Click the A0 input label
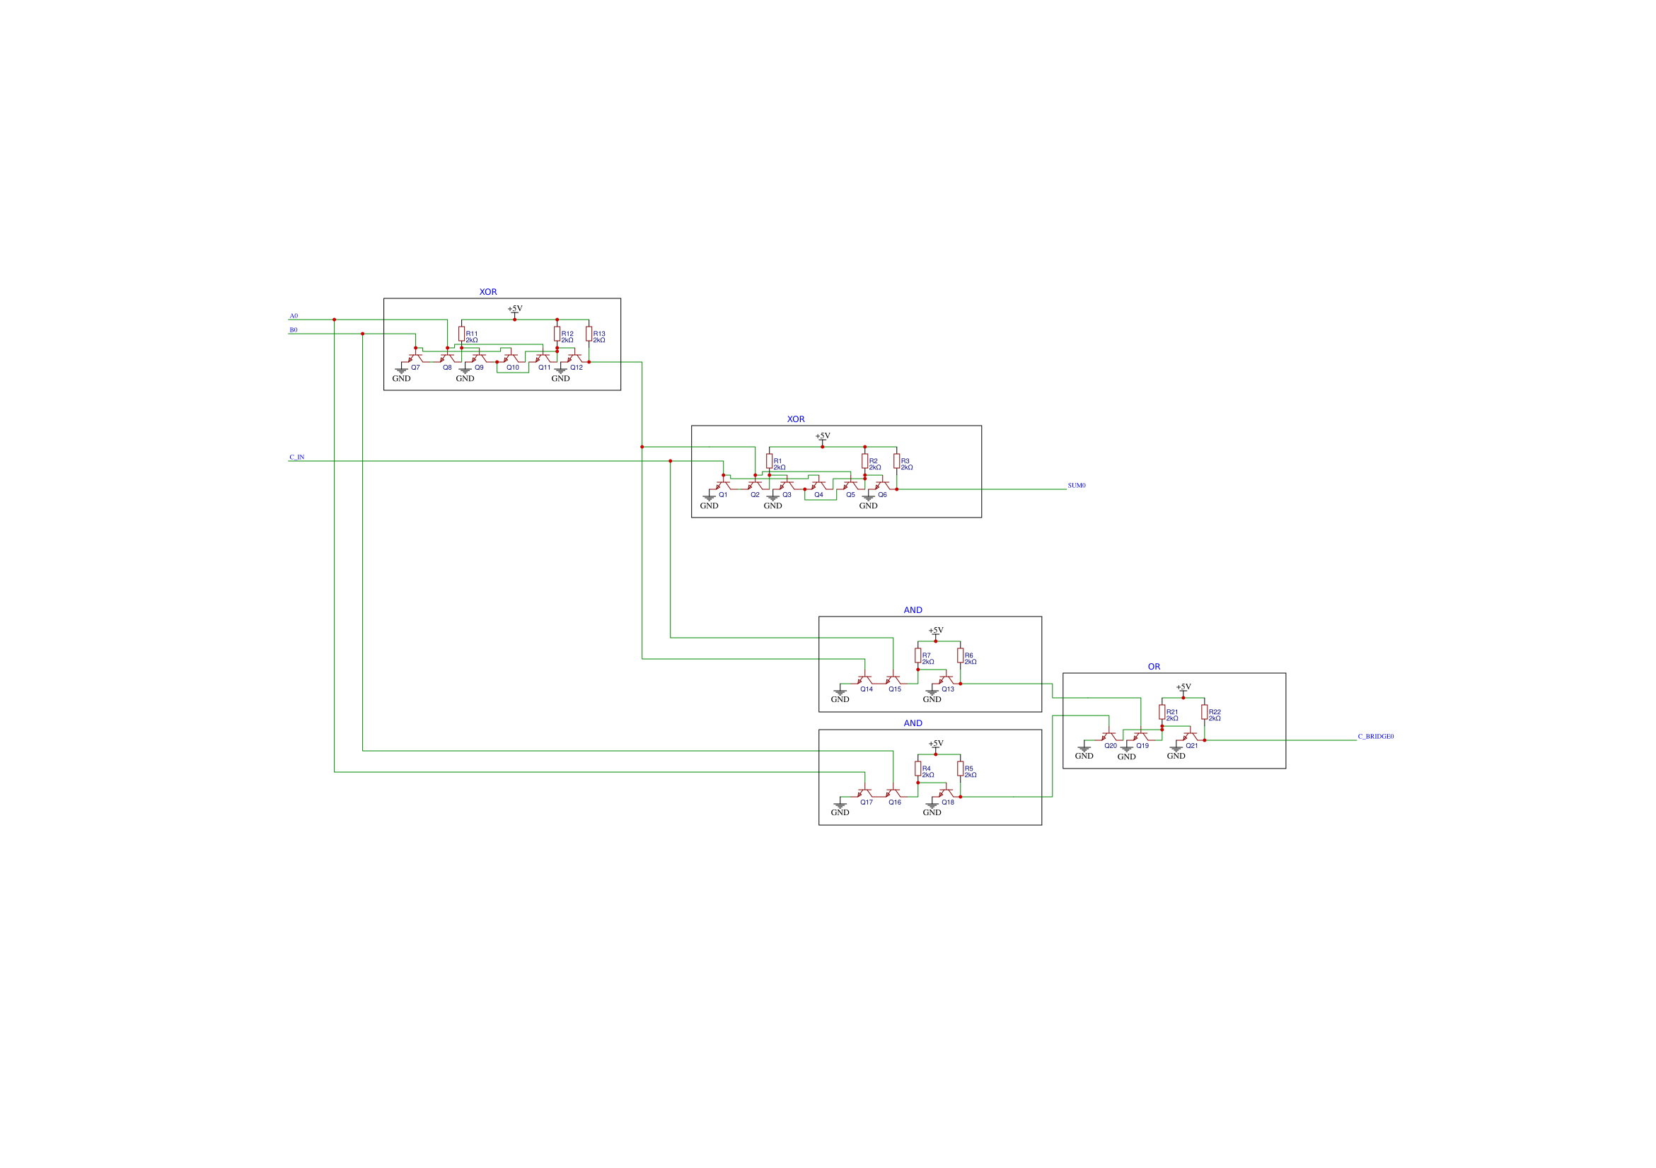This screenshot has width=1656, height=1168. [294, 316]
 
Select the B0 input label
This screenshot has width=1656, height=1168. [294, 330]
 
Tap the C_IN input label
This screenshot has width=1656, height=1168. [296, 457]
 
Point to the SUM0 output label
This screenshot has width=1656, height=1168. [1076, 485]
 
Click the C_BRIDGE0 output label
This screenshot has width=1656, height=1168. [1375, 736]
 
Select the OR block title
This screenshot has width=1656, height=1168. [1154, 667]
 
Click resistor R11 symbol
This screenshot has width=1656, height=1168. [462, 334]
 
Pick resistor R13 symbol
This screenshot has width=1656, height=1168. [589, 334]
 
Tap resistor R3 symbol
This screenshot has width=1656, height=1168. [896, 461]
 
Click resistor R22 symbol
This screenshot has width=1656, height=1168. [1204, 711]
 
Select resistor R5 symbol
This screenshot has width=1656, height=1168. [960, 769]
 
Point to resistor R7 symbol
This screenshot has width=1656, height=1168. [917, 655]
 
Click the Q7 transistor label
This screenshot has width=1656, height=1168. [415, 368]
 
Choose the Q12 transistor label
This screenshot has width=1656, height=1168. [577, 368]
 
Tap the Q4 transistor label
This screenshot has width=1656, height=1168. [818, 495]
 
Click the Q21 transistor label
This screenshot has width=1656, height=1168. [1191, 745]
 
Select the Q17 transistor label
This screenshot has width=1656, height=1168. [867, 802]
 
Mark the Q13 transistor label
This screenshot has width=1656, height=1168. [948, 689]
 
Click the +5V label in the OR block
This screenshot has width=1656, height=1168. [1183, 687]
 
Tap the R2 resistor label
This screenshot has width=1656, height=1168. [874, 461]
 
